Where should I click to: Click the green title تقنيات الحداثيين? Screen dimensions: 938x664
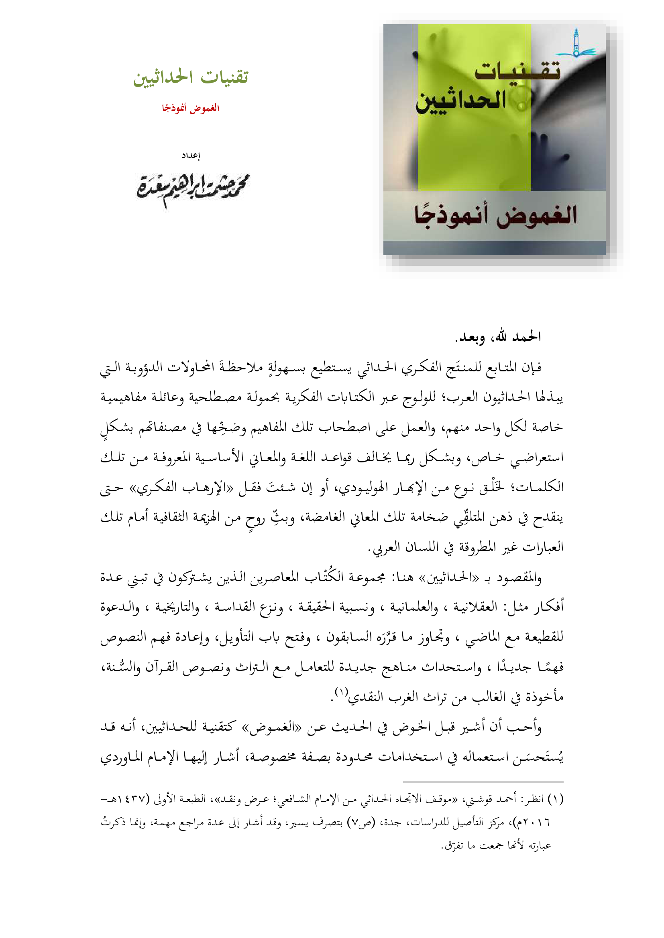point(191,77)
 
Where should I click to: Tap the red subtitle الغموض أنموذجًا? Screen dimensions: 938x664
point(191,108)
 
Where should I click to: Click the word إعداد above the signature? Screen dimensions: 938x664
point(191,155)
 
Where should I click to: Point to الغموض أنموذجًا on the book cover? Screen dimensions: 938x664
point(495,216)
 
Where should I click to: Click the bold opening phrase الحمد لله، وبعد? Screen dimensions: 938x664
point(497,337)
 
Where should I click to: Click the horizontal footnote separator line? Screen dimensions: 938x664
point(483,782)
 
